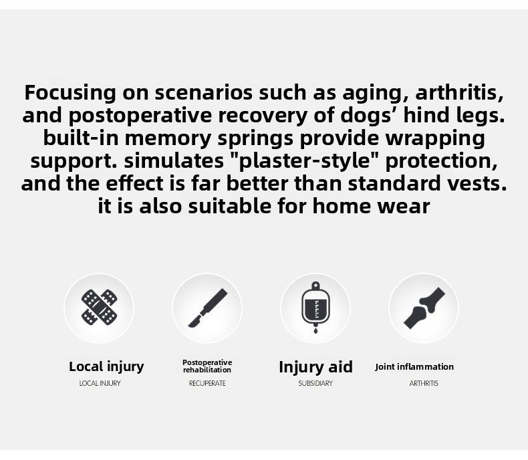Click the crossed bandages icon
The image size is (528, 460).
pyautogui.click(x=100, y=307)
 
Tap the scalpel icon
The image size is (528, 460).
pyautogui.click(x=207, y=308)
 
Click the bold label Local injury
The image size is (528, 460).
pyautogui.click(x=106, y=366)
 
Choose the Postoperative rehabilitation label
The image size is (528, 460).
pyautogui.click(x=207, y=366)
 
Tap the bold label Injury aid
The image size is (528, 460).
pyautogui.click(x=316, y=366)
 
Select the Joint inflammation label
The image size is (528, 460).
pyautogui.click(x=414, y=366)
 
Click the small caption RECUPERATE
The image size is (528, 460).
pyautogui.click(x=207, y=383)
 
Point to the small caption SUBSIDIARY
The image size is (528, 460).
pyautogui.click(x=315, y=383)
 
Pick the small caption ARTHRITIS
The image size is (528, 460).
pyautogui.click(x=424, y=383)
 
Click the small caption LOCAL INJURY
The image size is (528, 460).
pyautogui.click(x=100, y=383)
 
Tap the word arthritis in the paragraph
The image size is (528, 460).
pyautogui.click(x=460, y=93)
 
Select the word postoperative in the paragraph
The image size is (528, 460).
pyautogui.click(x=140, y=116)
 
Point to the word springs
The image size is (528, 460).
pyautogui.click(x=255, y=139)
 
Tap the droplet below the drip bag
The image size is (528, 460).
pyautogui.click(x=315, y=330)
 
